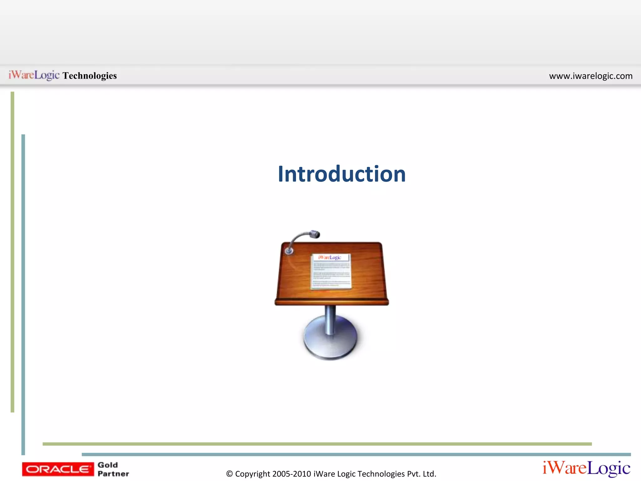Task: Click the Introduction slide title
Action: (x=341, y=174)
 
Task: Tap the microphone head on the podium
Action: (x=314, y=234)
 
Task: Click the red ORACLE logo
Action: (x=58, y=469)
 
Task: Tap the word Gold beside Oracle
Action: (x=108, y=465)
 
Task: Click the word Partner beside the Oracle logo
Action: (x=113, y=474)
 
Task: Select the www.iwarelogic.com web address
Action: (x=591, y=76)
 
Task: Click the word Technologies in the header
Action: (x=90, y=75)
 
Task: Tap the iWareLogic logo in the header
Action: (x=34, y=75)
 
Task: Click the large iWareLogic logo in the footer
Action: (x=586, y=468)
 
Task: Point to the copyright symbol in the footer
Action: (x=229, y=474)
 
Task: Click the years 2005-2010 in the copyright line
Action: (x=292, y=474)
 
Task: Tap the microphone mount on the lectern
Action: (x=289, y=251)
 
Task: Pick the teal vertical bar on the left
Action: (x=23, y=294)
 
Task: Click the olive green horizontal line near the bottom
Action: (x=317, y=444)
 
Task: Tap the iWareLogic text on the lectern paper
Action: (x=330, y=257)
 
